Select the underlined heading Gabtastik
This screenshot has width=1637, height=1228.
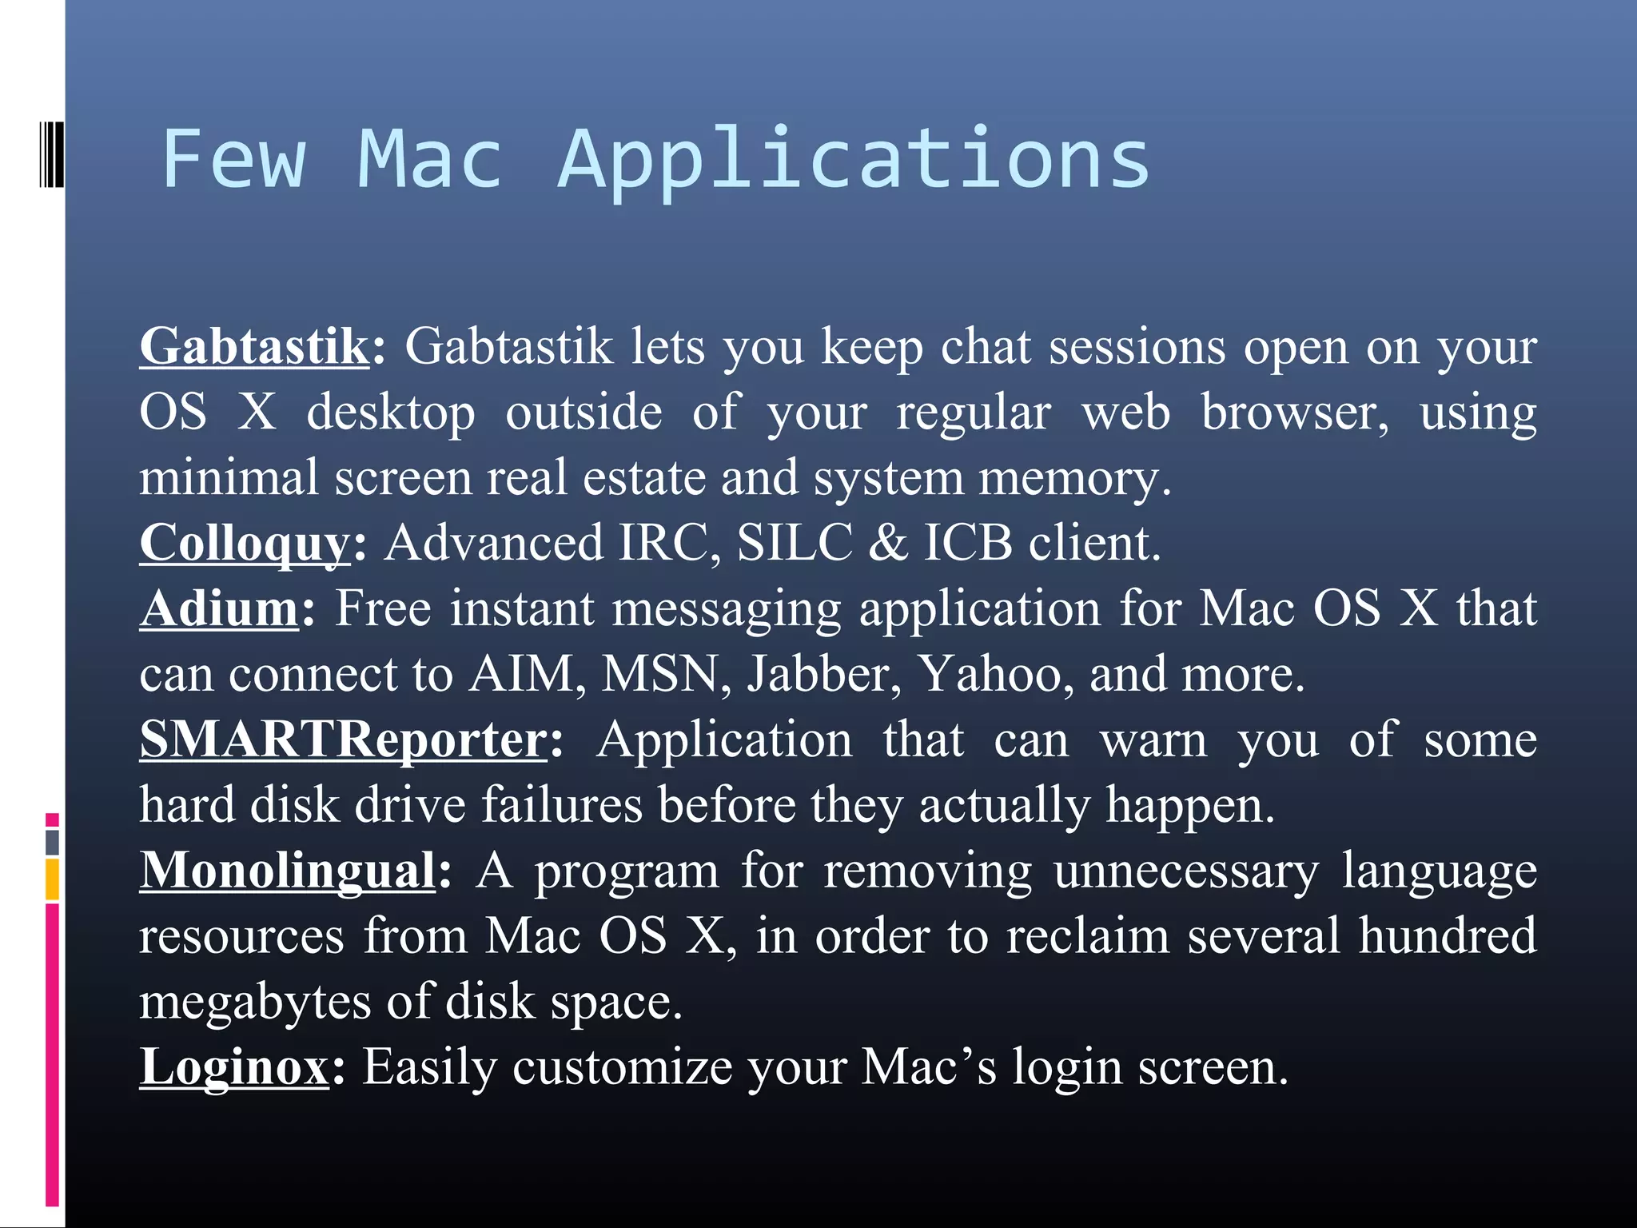[x=254, y=347]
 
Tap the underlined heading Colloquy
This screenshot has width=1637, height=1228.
[x=245, y=544]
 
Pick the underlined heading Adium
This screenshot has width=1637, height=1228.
[x=219, y=609]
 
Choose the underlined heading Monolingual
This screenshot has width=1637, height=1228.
[x=288, y=871]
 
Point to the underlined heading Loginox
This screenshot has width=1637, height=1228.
[x=234, y=1067]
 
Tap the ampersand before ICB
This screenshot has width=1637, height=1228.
[x=888, y=544]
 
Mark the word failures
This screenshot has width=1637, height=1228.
[x=562, y=805]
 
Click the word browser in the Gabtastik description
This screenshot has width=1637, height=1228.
[x=1295, y=413]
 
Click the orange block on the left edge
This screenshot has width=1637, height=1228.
[x=52, y=879]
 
